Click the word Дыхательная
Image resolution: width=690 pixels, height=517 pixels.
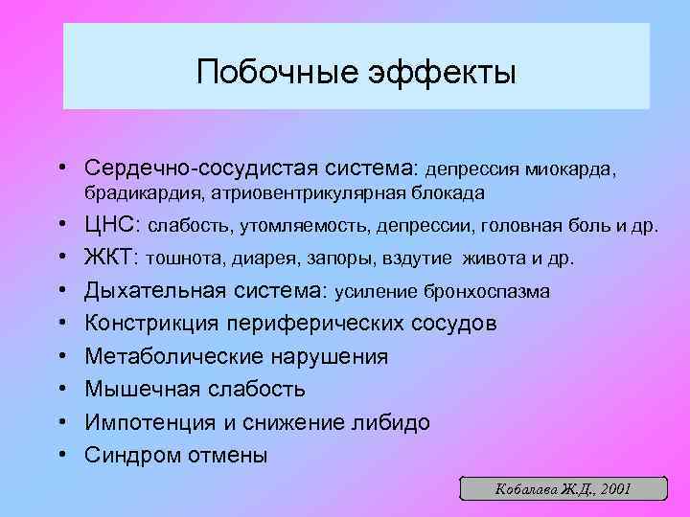[155, 291]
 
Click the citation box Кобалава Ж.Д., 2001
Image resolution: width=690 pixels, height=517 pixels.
[562, 488]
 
